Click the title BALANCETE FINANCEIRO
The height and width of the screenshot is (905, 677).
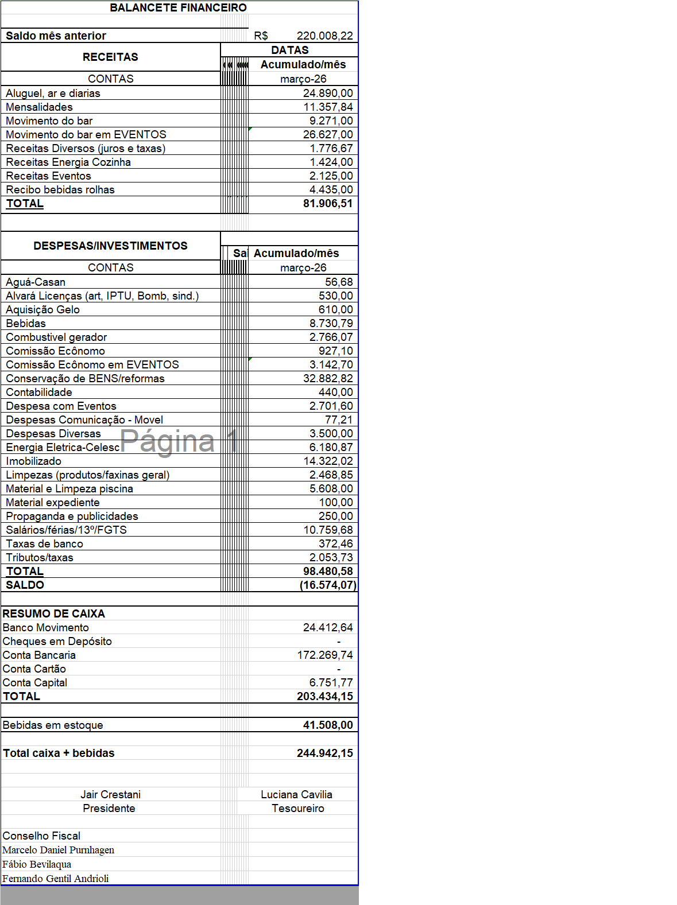(x=178, y=7)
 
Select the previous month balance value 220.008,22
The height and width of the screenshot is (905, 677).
(x=324, y=36)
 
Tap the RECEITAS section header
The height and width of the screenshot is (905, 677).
(x=110, y=57)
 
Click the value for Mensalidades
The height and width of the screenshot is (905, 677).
(x=328, y=107)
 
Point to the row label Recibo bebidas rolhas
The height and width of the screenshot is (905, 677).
(x=60, y=189)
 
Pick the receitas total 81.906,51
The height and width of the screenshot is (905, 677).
(x=327, y=203)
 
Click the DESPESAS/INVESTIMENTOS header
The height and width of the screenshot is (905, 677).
(x=110, y=246)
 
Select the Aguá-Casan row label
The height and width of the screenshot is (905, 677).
(x=36, y=282)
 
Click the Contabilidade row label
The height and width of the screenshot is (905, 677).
(x=39, y=392)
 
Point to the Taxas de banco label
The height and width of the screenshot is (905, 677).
(x=44, y=543)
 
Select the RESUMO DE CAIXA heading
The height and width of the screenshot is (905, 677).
(x=53, y=613)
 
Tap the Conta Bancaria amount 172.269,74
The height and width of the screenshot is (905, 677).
(x=324, y=655)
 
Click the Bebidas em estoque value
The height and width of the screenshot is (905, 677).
(x=327, y=725)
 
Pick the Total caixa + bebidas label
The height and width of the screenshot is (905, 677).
(x=59, y=753)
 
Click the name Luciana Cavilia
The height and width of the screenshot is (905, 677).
(x=296, y=794)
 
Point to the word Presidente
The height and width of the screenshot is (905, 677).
(x=109, y=808)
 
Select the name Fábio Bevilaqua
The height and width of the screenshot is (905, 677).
(x=37, y=864)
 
